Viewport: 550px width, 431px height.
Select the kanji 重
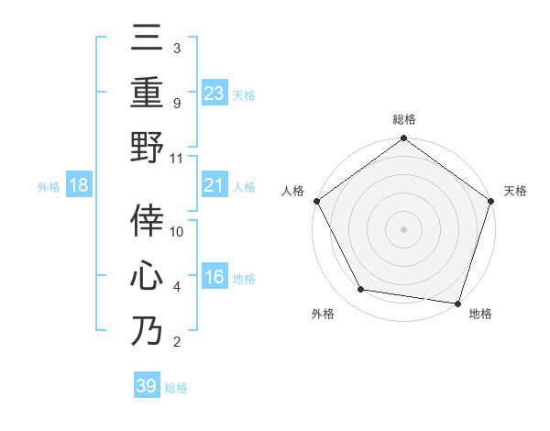(147, 93)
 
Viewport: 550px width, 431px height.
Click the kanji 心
(147, 276)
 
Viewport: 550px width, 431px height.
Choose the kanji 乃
(147, 330)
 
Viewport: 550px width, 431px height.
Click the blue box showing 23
(214, 93)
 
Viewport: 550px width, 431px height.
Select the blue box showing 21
(214, 186)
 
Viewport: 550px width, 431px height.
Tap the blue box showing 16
(214, 277)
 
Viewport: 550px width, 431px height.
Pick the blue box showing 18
(80, 186)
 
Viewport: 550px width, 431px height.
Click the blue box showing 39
(147, 386)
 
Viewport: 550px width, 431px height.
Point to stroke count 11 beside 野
(178, 158)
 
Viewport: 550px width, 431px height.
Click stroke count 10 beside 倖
(178, 232)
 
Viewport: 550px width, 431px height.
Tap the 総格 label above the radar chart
(404, 119)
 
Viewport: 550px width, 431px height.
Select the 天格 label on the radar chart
(515, 191)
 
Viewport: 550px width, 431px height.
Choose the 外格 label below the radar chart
(323, 315)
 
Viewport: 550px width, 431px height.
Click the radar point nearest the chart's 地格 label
(458, 303)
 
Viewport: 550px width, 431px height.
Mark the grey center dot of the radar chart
(404, 228)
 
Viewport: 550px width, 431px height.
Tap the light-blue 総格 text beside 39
(177, 387)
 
